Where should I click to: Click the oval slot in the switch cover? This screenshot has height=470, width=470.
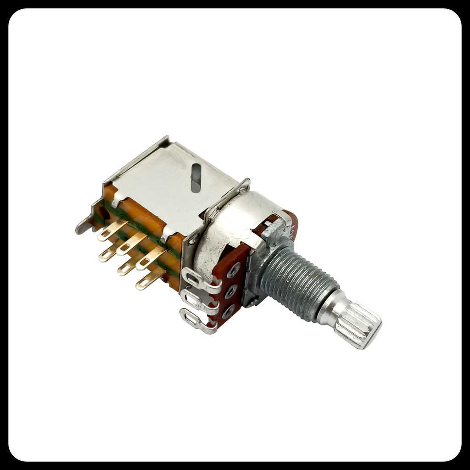click(196, 178)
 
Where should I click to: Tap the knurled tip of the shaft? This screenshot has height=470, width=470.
click(358, 325)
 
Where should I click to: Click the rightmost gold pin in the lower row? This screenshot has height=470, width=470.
click(149, 278)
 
